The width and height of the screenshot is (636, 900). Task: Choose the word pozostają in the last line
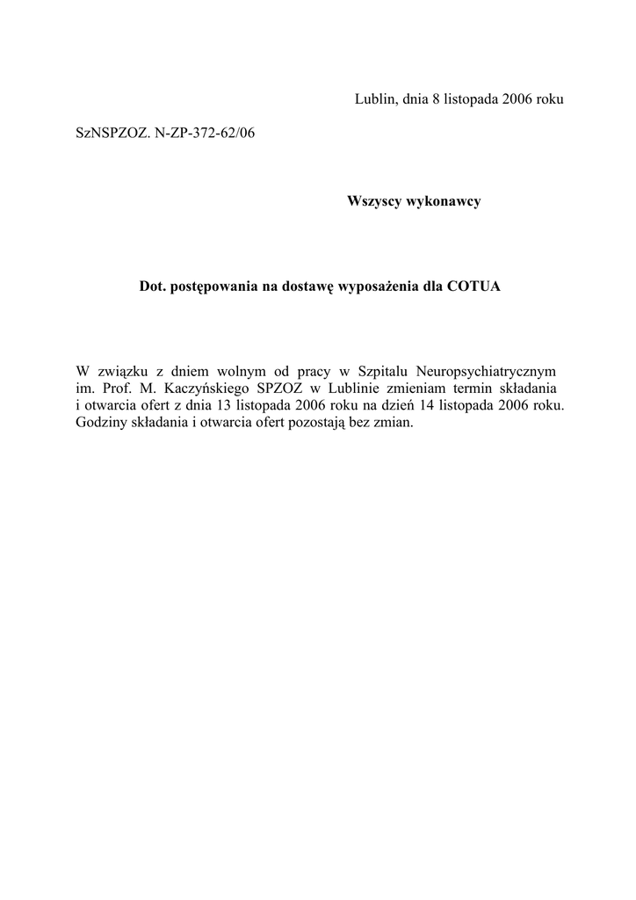tap(329, 422)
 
